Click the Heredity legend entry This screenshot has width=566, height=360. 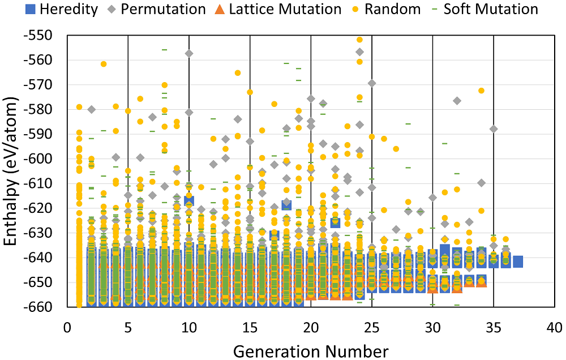tap(54, 9)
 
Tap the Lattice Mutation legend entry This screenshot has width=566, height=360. tap(289, 9)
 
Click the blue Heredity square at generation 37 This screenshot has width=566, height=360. tap(518, 262)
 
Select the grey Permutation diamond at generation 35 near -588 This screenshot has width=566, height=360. tap(494, 129)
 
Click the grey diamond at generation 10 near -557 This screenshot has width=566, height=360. tap(189, 53)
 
